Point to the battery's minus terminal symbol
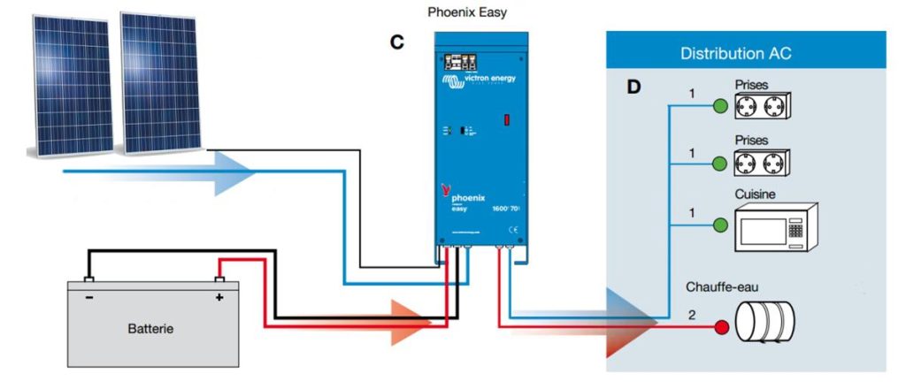pyautogui.click(x=89, y=298)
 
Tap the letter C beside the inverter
pyautogui.click(x=399, y=42)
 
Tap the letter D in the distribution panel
pyautogui.click(x=633, y=88)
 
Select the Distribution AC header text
pyautogui.click(x=735, y=54)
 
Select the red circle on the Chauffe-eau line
pyautogui.click(x=721, y=328)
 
